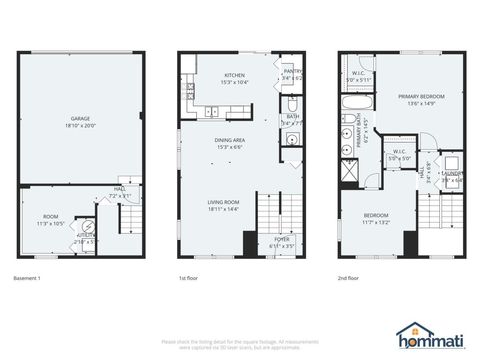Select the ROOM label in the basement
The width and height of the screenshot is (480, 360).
pos(50,216)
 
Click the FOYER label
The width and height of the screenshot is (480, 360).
pos(282,239)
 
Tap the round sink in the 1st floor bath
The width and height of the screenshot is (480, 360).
pos(291,139)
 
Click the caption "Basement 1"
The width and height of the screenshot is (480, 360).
pos(27,278)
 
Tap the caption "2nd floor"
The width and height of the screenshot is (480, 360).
pos(349,278)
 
